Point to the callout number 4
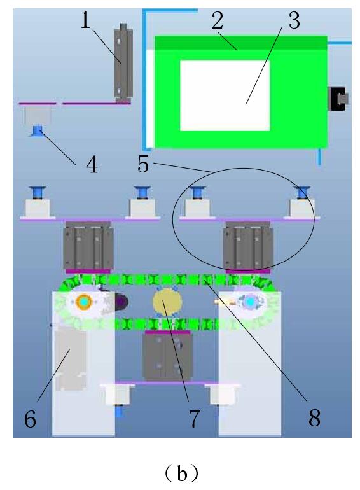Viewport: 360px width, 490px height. tap(92, 165)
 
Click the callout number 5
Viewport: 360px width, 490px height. tap(143, 164)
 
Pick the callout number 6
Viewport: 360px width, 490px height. tap(30, 419)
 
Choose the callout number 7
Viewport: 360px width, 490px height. tap(194, 419)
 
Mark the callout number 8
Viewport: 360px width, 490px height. tap(314, 418)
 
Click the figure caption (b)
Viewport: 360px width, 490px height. tap(181, 473)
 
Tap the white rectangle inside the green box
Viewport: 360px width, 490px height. tap(225, 95)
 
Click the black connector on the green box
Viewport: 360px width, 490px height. tap(338, 99)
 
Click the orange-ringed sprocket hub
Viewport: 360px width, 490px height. tap(84, 302)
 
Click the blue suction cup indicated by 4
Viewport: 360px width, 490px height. tap(38, 130)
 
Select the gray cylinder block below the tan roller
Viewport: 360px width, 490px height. tap(167, 356)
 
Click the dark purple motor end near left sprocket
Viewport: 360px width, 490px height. tap(121, 302)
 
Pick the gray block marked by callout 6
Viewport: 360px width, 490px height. tap(71, 360)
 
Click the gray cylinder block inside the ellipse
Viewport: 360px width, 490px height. tap(248, 246)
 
